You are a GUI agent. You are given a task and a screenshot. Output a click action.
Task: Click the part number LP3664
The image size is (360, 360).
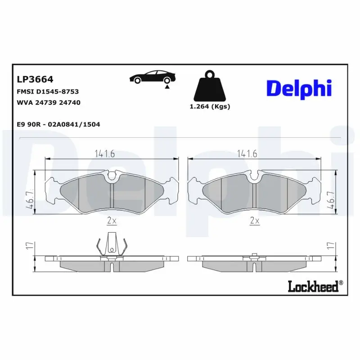[35, 80]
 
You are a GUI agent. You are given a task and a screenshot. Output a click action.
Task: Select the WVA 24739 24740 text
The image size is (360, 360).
[49, 103]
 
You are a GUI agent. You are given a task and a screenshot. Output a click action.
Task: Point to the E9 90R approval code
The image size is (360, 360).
[58, 124]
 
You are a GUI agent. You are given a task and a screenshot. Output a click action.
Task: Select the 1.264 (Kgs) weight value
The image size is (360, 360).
[210, 107]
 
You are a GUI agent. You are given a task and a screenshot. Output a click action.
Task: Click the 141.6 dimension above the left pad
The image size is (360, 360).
[105, 153]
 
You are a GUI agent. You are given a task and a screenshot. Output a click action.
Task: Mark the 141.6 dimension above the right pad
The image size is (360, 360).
[247, 153]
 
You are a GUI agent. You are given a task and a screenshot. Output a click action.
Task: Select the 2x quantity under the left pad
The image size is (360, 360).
[112, 221]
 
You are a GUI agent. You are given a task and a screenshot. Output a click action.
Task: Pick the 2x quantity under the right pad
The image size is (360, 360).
[255, 221]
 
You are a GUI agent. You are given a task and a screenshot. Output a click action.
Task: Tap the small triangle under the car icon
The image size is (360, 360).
[167, 87]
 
